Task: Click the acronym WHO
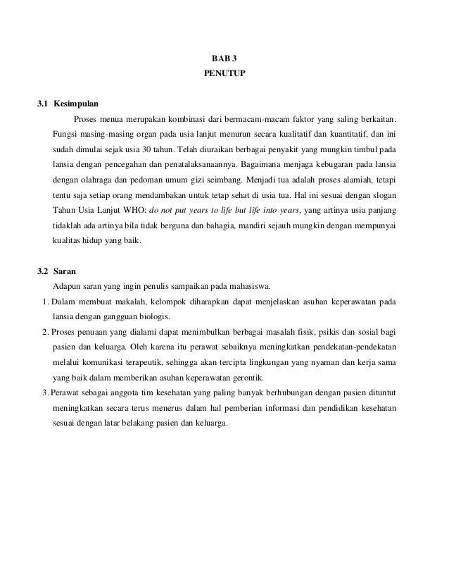[134, 210]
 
